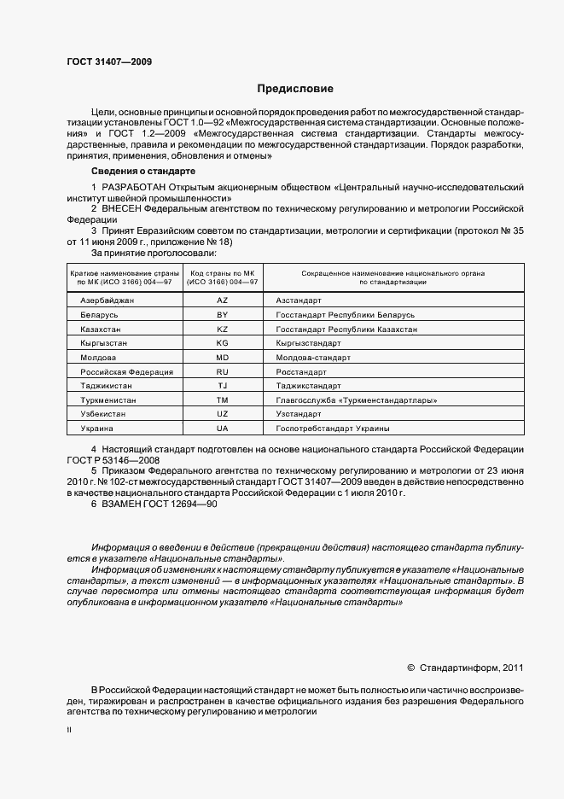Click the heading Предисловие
pyautogui.click(x=296, y=89)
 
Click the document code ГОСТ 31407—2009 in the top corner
pyautogui.click(x=105, y=61)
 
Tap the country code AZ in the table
pyautogui.click(x=222, y=301)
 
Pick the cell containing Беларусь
pyautogui.click(x=99, y=315)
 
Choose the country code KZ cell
pyautogui.click(x=222, y=329)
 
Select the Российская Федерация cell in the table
pyautogui.click(x=126, y=372)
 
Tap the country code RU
pyautogui.click(x=222, y=372)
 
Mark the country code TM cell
pyautogui.click(x=222, y=399)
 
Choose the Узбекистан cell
pyautogui.click(x=103, y=413)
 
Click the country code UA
pyautogui.click(x=222, y=427)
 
